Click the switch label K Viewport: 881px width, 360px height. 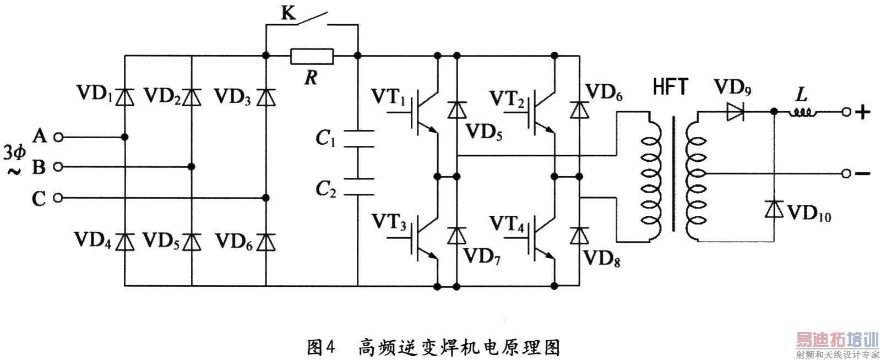click(288, 13)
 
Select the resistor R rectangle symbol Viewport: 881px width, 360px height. click(312, 56)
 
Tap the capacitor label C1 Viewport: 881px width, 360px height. click(325, 138)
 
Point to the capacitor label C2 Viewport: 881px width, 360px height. click(325, 189)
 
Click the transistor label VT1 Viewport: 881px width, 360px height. click(389, 97)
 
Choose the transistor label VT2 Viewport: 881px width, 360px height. click(507, 99)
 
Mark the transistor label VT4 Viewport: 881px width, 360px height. click(507, 224)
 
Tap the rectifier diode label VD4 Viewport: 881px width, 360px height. click(93, 240)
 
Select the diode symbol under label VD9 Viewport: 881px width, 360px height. click(735, 112)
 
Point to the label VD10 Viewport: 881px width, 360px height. click(809, 212)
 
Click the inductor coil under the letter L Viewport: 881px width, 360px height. click(802, 112)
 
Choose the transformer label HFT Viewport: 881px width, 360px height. click(670, 87)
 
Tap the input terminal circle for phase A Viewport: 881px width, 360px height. click(58, 137)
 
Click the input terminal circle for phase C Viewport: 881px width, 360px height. click(58, 198)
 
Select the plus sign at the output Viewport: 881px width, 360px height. click(863, 112)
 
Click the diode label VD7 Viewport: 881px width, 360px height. click(482, 256)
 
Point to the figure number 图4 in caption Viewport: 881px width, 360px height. click(321, 347)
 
